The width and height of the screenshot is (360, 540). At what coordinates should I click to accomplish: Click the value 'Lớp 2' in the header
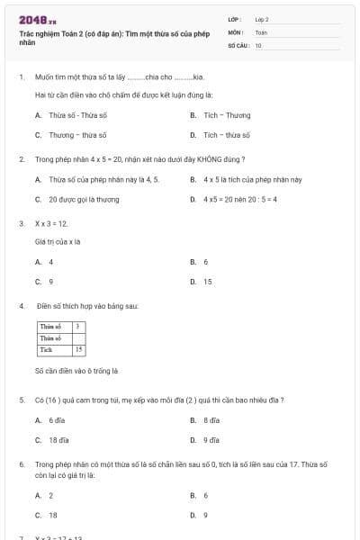click(x=262, y=18)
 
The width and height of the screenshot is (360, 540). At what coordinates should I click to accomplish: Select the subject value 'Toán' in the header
click(x=261, y=31)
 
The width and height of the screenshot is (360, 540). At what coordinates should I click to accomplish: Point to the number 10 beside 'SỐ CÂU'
click(x=258, y=44)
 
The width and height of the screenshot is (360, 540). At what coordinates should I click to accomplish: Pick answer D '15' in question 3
click(x=207, y=282)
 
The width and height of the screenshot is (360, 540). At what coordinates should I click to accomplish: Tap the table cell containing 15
click(x=79, y=349)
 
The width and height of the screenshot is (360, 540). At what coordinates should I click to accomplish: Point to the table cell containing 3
click(x=78, y=326)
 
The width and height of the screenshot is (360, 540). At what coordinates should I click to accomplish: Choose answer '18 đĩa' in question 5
click(x=59, y=440)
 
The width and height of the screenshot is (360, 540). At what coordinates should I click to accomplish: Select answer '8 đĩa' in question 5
click(x=211, y=420)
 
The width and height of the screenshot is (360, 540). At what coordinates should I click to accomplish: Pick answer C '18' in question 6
click(x=52, y=515)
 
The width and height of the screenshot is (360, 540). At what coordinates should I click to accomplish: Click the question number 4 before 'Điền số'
click(x=21, y=306)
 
